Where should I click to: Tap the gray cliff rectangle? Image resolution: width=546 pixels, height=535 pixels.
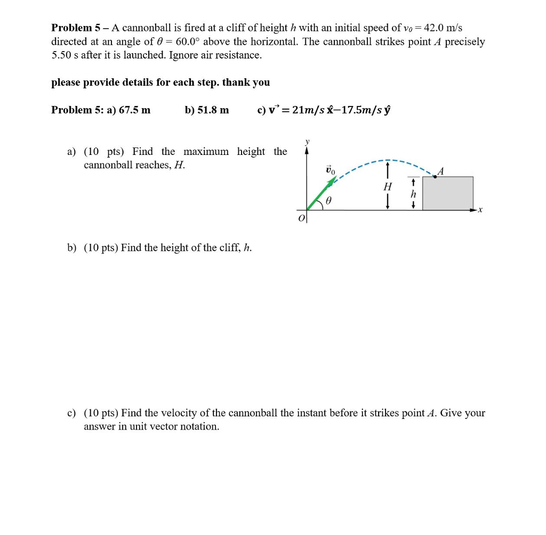click(x=447, y=193)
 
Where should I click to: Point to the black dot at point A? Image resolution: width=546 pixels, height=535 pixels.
click(x=435, y=177)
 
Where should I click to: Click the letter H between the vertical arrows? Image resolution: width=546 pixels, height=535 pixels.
click(x=388, y=187)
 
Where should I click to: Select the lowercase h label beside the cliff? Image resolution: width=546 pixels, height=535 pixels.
click(x=413, y=195)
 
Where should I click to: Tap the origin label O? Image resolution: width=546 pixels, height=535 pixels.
click(x=301, y=218)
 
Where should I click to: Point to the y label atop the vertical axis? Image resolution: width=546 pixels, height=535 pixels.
click(x=307, y=142)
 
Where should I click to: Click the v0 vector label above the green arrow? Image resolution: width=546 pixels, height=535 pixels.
click(x=331, y=171)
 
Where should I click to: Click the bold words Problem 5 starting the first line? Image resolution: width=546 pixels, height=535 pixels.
click(x=74, y=28)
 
